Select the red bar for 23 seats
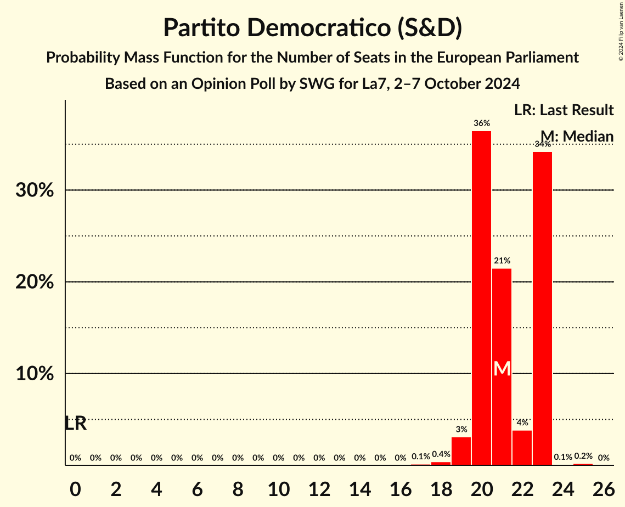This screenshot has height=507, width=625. (542, 308)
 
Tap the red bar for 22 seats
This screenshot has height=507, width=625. (522, 448)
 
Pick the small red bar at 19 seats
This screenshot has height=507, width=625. (461, 451)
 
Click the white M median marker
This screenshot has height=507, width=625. (502, 369)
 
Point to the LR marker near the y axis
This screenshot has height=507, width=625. (75, 424)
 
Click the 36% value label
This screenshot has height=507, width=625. (482, 123)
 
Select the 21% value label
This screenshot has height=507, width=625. (502, 261)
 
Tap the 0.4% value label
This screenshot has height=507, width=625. (441, 454)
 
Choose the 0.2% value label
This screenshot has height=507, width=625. (583, 457)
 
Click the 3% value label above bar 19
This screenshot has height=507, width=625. (461, 430)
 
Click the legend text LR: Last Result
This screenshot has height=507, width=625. (564, 110)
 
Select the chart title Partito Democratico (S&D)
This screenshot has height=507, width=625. (312, 28)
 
